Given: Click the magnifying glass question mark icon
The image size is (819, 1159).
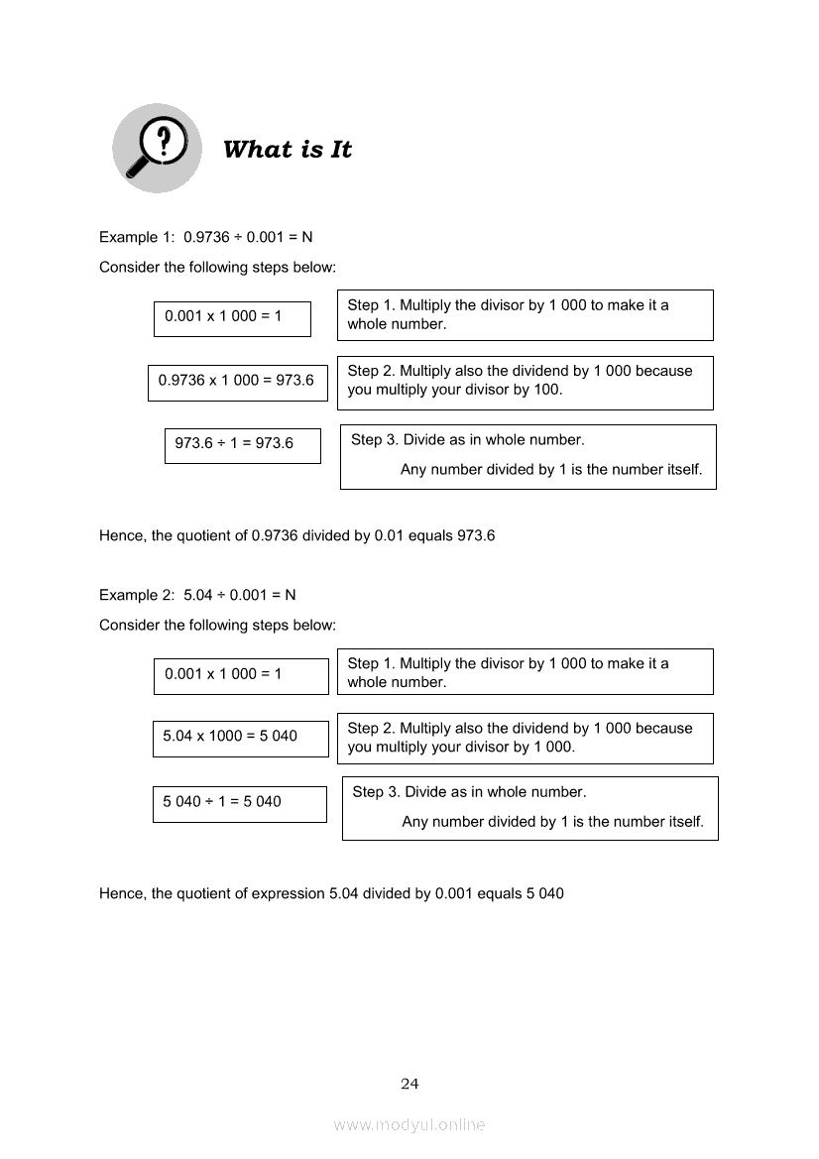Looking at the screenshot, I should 156,148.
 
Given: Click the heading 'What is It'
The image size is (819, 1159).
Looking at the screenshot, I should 288,150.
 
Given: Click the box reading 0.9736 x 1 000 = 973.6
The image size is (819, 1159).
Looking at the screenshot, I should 237,381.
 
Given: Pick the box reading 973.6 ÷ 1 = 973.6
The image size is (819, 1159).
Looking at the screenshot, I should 242,444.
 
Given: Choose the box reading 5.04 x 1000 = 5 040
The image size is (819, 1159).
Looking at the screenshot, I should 240,737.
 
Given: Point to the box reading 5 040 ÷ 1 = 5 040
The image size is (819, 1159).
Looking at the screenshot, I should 239,802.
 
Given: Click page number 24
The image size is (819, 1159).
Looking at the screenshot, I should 409,1084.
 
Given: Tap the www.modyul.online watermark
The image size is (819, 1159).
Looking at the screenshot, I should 409,1124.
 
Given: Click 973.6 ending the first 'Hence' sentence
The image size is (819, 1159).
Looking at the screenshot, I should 476,535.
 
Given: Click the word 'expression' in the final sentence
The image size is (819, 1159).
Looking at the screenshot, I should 288,893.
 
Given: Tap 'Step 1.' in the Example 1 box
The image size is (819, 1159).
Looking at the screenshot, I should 371,305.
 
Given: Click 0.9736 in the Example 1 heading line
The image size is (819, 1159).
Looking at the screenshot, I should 208,237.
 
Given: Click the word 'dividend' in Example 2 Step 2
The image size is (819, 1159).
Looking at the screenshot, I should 510,728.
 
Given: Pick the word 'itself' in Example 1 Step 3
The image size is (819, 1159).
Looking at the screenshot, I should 682,470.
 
